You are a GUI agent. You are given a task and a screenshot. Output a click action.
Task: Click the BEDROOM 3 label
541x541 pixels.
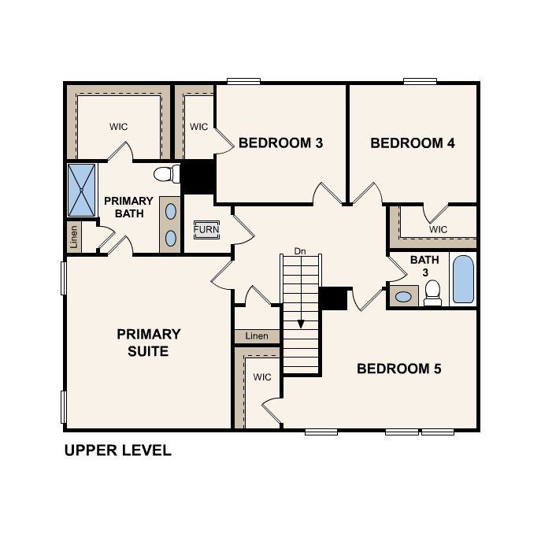[x=281, y=143]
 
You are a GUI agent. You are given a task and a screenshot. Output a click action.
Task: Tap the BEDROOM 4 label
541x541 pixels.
[x=413, y=143]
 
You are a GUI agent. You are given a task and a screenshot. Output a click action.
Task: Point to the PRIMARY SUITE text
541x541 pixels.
[x=149, y=343]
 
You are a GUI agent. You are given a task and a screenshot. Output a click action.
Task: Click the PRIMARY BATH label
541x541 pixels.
[x=128, y=207]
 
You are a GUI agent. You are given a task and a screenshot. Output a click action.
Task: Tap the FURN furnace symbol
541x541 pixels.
[x=206, y=230]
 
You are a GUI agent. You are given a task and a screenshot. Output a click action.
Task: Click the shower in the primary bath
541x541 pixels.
[x=81, y=190]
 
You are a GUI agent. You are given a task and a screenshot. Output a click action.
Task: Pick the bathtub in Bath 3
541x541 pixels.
[x=464, y=280]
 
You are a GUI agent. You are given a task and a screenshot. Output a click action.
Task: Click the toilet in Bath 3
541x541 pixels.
[x=432, y=294]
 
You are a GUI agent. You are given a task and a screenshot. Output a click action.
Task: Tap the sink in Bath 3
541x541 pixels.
[x=404, y=297]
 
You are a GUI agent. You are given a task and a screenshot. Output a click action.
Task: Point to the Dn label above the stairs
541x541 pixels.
[x=299, y=251]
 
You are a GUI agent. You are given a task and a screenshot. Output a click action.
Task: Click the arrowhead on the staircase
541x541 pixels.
[x=300, y=323]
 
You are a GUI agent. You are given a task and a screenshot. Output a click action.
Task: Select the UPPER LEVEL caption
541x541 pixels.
[x=117, y=451]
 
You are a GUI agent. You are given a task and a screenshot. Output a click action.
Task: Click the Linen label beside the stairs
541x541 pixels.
[x=257, y=336]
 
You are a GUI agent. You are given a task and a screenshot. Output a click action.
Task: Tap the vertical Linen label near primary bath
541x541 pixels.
[x=74, y=236]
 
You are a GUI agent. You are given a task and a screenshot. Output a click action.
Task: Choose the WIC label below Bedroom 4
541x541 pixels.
[x=438, y=229]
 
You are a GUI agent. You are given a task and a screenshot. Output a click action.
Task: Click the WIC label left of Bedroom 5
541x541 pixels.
[x=261, y=377]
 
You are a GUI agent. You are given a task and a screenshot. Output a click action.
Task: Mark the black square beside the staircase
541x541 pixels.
[x=333, y=298]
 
